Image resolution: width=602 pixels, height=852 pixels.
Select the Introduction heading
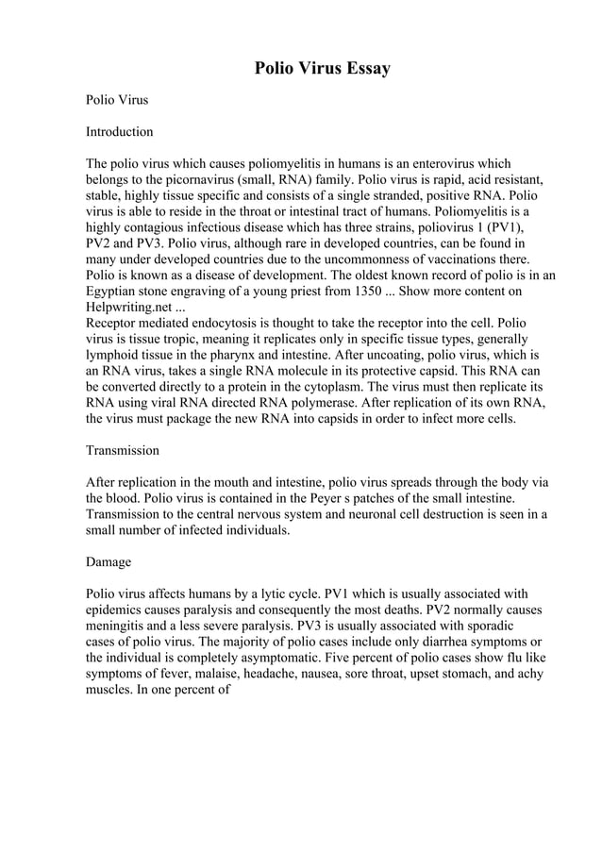[x=119, y=131]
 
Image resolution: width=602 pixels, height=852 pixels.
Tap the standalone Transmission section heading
[x=123, y=450]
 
